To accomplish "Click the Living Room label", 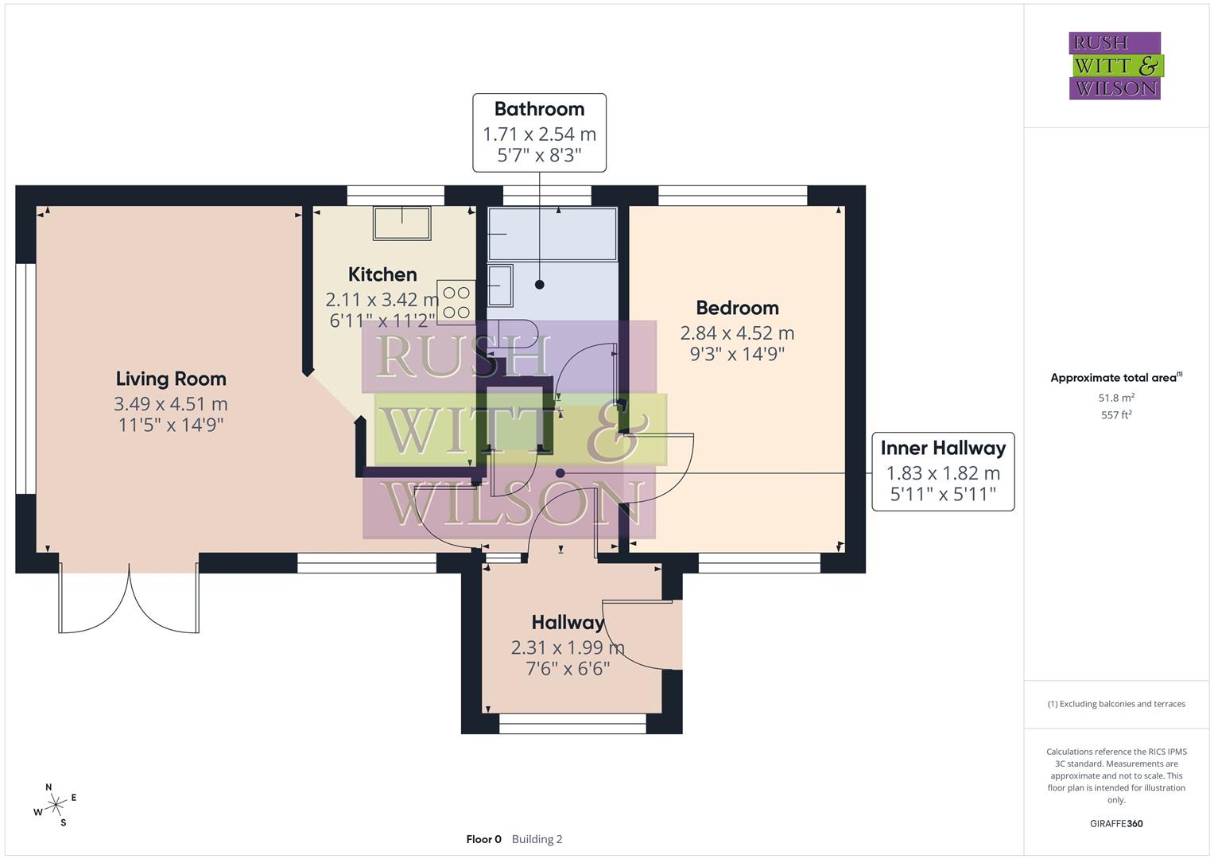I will pos(171,379).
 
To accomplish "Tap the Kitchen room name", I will pos(382,274).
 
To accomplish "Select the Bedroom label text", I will pos(737,308).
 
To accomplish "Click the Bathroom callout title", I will pos(539,109).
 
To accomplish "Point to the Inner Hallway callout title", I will pos(943,448).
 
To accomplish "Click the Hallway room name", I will pos(568,622).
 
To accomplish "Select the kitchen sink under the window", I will pos(402,223).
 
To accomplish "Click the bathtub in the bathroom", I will pos(552,234).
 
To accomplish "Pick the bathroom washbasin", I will pos(500,286).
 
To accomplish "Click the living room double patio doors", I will pos(129,601).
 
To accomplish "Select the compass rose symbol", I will pos(55,806).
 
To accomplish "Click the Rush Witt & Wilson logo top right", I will pos(1115,66).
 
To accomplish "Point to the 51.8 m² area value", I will pos(1116,398).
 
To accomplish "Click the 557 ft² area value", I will pos(1116,415).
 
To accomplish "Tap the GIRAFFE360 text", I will pos(1116,823).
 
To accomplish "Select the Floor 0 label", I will pos(483,839).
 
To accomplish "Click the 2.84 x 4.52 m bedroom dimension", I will pos(737,333).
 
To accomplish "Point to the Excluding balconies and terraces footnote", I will pos(1116,704).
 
